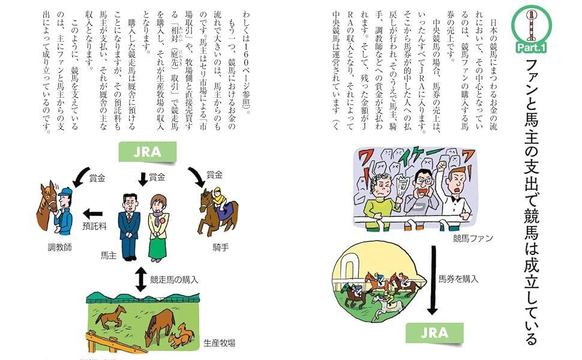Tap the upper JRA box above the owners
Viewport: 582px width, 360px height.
pos(148,152)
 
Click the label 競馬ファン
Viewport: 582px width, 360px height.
pos(473,239)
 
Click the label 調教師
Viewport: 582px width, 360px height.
pos(59,247)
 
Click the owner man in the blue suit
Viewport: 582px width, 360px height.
pos(130,226)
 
